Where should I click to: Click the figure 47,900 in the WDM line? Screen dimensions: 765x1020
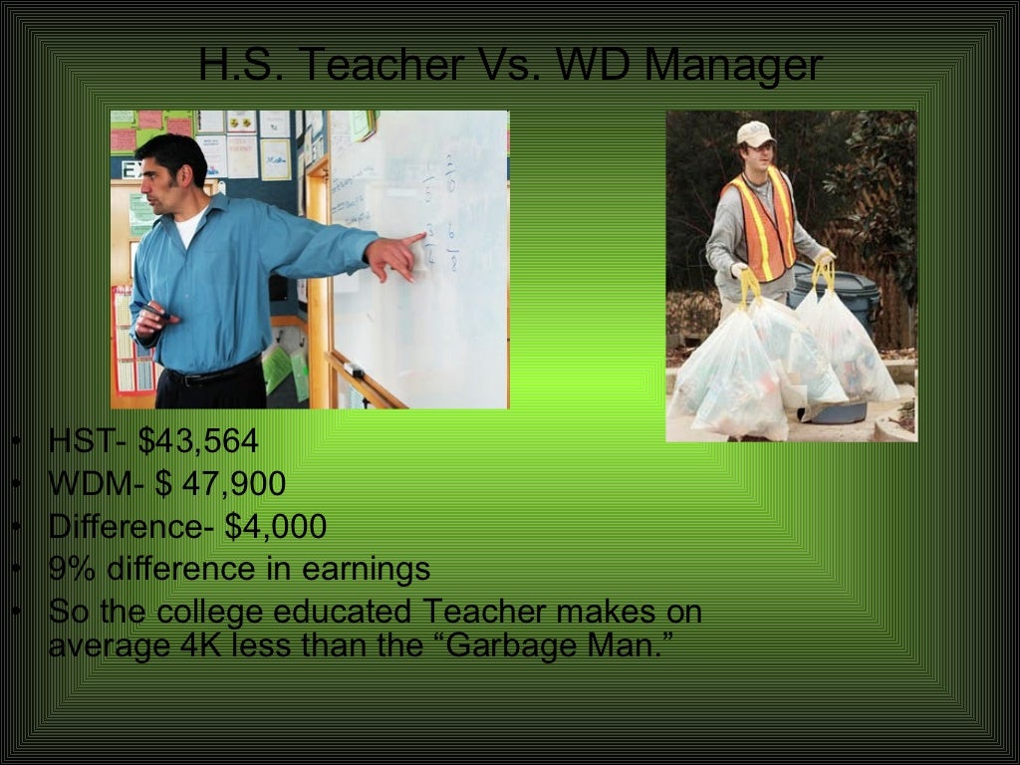pyautogui.click(x=233, y=484)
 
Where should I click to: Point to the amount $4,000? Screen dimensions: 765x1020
pyautogui.click(x=275, y=527)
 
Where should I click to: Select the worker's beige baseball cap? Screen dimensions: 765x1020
pyautogui.click(x=754, y=134)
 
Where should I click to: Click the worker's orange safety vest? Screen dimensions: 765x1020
pyautogui.click(x=761, y=225)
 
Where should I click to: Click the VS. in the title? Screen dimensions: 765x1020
pyautogui.click(x=509, y=66)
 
